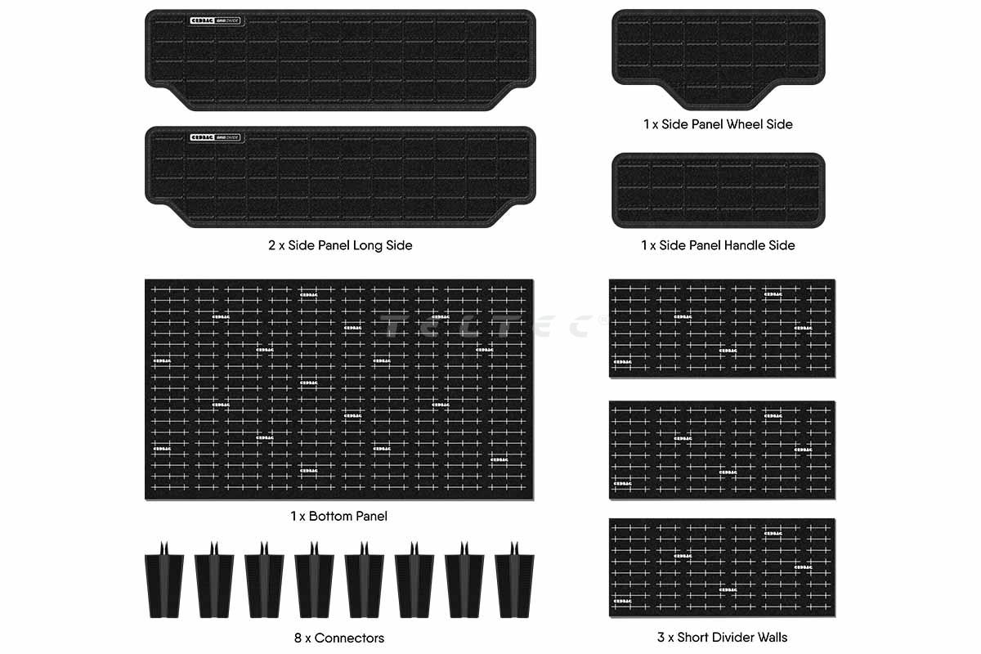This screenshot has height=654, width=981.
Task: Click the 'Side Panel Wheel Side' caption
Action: click(718, 124)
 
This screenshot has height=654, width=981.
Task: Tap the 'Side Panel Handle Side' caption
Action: click(718, 245)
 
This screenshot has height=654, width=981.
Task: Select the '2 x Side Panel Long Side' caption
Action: click(341, 245)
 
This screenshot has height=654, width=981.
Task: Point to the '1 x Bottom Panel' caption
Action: click(339, 517)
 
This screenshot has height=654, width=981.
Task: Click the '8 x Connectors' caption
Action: click(339, 638)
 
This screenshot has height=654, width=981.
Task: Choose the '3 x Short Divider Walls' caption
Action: click(721, 637)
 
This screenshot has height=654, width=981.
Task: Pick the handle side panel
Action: click(718, 190)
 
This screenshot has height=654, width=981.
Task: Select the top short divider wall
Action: click(722, 329)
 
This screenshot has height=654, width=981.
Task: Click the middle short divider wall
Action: click(722, 450)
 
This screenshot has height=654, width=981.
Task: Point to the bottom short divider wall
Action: click(722, 568)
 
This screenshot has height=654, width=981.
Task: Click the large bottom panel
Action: click(339, 389)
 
